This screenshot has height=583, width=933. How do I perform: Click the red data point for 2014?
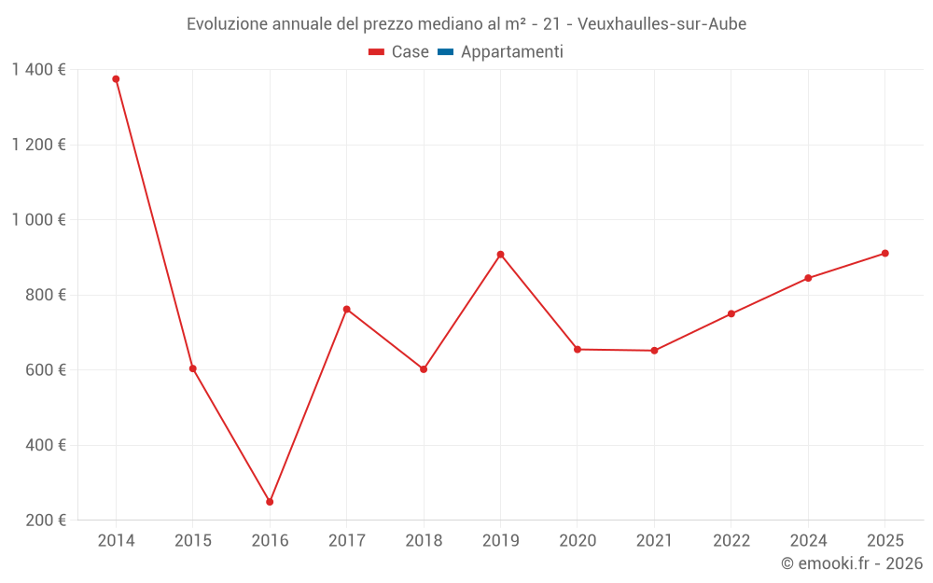coord(116,79)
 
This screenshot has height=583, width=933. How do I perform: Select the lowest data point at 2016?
coord(270,502)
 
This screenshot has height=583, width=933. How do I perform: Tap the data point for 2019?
coord(500,255)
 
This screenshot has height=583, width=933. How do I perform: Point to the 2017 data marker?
coord(347,309)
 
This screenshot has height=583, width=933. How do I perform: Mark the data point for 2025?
coord(884,253)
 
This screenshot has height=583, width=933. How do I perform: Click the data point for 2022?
coord(731,313)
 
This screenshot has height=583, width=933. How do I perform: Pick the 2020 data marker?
coord(577,349)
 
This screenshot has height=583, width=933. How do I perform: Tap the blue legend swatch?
coord(445,52)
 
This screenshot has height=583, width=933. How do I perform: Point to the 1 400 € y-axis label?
coord(38,69)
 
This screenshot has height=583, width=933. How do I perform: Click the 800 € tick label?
coord(45,295)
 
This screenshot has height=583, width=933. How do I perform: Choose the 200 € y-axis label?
coord(45,520)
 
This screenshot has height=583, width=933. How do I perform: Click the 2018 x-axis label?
coord(424,541)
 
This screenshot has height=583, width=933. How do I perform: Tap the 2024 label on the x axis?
coord(808,541)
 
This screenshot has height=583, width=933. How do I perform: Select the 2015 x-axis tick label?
coord(193,541)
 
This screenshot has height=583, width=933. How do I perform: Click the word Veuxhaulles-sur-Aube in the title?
coord(662,24)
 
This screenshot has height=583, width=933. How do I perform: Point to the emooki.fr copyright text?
coord(852,563)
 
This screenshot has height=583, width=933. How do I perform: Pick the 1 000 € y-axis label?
coord(38,219)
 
